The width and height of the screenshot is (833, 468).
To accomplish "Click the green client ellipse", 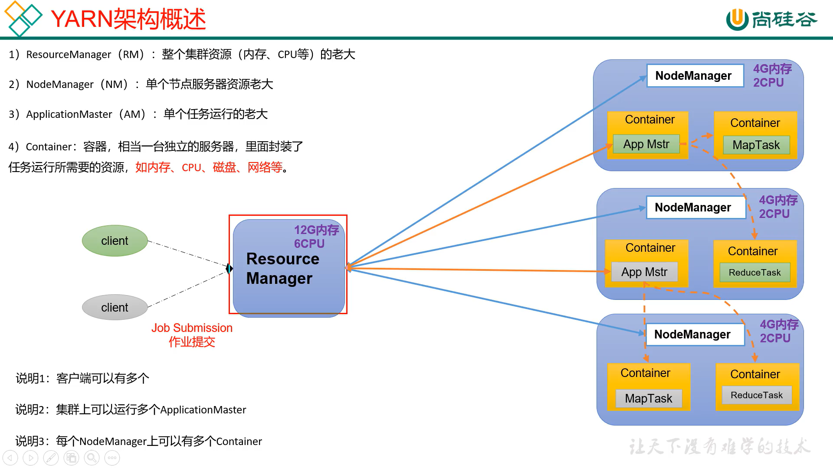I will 115,240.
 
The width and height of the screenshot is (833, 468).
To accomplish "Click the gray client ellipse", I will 115,307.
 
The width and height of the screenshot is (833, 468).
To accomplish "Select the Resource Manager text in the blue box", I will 282,269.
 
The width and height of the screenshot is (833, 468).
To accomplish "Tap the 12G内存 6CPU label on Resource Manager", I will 316,237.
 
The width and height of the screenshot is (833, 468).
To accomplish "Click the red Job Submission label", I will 192,328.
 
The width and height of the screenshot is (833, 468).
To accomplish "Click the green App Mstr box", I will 646,144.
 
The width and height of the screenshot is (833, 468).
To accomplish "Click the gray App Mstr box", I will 644,272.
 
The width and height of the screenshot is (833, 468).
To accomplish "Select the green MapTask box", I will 756,145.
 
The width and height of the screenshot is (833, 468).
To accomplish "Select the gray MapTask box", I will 648,399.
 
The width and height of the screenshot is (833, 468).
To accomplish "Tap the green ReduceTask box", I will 754,273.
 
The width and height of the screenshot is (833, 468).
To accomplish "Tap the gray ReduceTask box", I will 756,395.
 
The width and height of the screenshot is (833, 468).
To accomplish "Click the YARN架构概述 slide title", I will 128,19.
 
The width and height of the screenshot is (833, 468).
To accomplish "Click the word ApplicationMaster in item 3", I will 69,114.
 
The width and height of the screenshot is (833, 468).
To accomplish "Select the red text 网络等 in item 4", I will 265,167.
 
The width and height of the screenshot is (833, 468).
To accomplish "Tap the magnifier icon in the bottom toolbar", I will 92,458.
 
